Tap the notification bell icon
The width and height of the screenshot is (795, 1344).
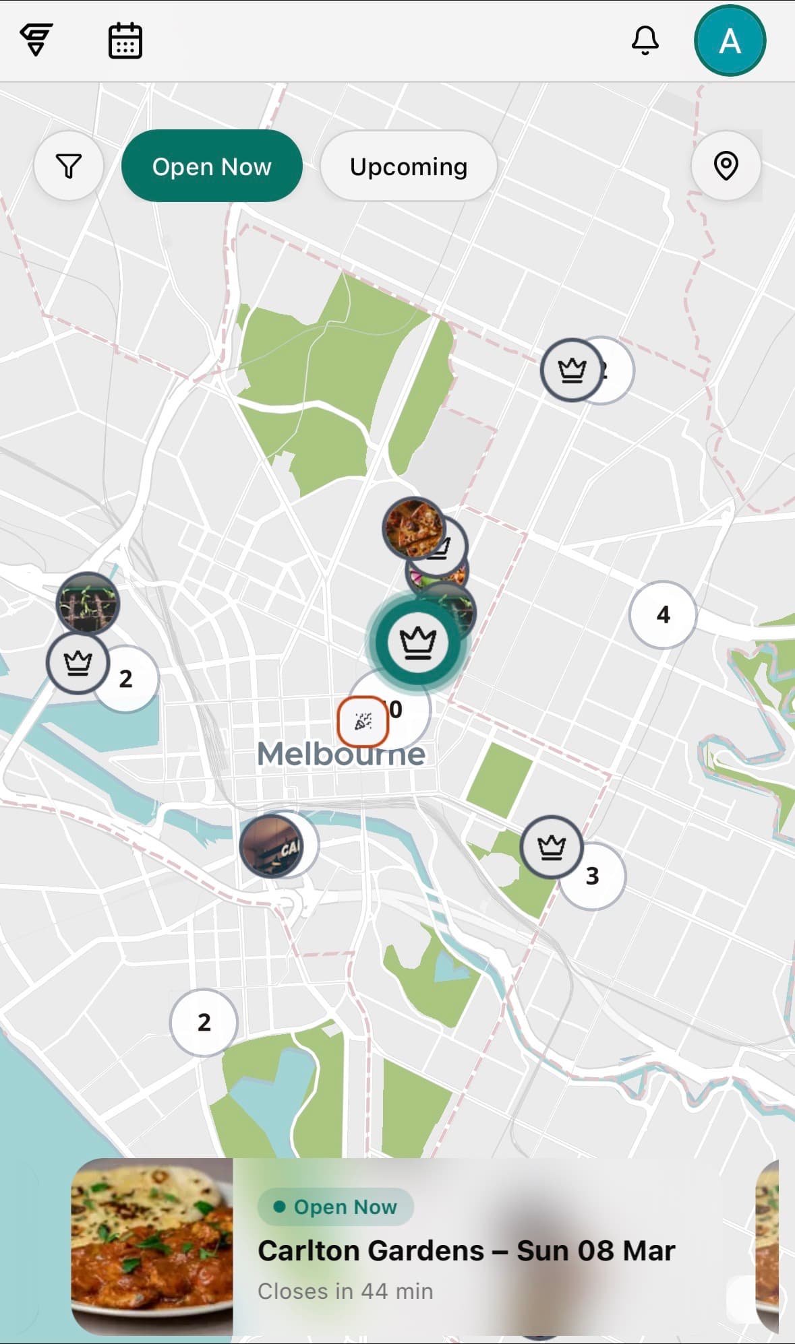[645, 40]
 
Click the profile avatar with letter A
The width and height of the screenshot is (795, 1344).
[730, 40]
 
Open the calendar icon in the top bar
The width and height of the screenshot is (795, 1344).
[125, 40]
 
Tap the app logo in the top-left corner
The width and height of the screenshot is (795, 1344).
[36, 39]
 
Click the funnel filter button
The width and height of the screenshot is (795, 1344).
[69, 166]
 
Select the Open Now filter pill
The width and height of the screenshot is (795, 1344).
[212, 166]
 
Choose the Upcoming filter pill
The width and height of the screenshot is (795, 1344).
[409, 166]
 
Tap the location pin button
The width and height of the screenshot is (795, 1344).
[726, 166]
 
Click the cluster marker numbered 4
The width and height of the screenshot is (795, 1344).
[663, 614]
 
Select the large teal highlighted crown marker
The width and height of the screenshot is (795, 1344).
[418, 641]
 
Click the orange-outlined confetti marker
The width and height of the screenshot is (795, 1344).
[363, 722]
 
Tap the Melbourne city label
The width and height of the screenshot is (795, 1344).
[341, 754]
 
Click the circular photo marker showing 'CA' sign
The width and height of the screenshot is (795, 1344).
[271, 845]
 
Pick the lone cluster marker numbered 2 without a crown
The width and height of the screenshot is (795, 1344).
[204, 1022]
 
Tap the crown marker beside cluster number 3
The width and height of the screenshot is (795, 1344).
[552, 846]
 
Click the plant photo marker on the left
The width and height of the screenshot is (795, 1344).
[87, 603]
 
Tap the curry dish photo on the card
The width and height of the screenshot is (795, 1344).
[152, 1246]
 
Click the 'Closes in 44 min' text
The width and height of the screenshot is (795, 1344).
[345, 1291]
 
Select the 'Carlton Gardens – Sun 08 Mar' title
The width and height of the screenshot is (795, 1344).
[466, 1251]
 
